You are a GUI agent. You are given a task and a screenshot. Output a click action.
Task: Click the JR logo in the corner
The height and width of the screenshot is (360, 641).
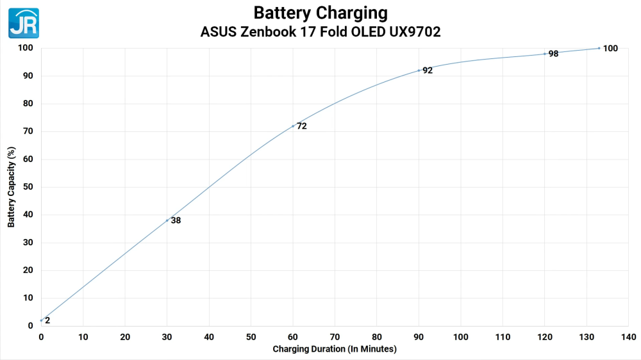[x=24, y=23]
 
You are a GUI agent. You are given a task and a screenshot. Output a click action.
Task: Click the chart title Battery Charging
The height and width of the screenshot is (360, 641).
[x=320, y=13]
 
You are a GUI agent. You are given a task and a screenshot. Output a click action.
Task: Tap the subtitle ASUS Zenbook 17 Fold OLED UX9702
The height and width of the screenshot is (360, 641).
[x=320, y=31]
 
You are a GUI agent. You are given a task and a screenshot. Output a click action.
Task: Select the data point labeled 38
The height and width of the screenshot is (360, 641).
[x=167, y=220]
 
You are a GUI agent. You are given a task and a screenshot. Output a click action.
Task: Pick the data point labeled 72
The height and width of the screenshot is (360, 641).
[x=293, y=126]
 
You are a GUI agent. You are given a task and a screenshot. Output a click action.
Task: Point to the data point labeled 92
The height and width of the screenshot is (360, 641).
[x=419, y=70]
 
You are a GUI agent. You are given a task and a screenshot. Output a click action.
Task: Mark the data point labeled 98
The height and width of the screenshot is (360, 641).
[x=545, y=54]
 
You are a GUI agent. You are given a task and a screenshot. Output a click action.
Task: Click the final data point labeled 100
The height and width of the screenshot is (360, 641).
[x=599, y=48]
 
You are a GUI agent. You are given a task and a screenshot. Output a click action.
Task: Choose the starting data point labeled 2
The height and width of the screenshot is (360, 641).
[x=41, y=320]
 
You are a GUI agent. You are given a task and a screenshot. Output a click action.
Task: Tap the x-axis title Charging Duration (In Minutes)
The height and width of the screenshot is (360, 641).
[x=335, y=349]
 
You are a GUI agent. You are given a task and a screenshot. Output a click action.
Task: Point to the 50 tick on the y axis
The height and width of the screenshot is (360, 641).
[x=29, y=187]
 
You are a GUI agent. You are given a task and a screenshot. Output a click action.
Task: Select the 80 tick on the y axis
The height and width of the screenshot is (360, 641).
[x=29, y=104]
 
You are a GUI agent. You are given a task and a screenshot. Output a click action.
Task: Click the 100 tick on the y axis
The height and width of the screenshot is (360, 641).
[x=26, y=48]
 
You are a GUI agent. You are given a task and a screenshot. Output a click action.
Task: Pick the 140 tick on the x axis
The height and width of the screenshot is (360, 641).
[x=629, y=337]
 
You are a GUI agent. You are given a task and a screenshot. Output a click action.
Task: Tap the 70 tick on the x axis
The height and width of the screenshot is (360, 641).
[x=335, y=337]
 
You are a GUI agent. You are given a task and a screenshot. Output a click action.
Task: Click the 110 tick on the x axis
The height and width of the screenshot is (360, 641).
[x=503, y=337]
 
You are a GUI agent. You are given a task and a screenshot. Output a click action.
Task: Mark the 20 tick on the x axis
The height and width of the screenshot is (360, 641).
[x=125, y=337]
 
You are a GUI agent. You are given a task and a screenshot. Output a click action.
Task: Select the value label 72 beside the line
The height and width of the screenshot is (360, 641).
[x=302, y=126]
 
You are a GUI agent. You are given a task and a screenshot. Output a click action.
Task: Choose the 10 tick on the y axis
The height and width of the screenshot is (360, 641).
[x=29, y=298]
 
